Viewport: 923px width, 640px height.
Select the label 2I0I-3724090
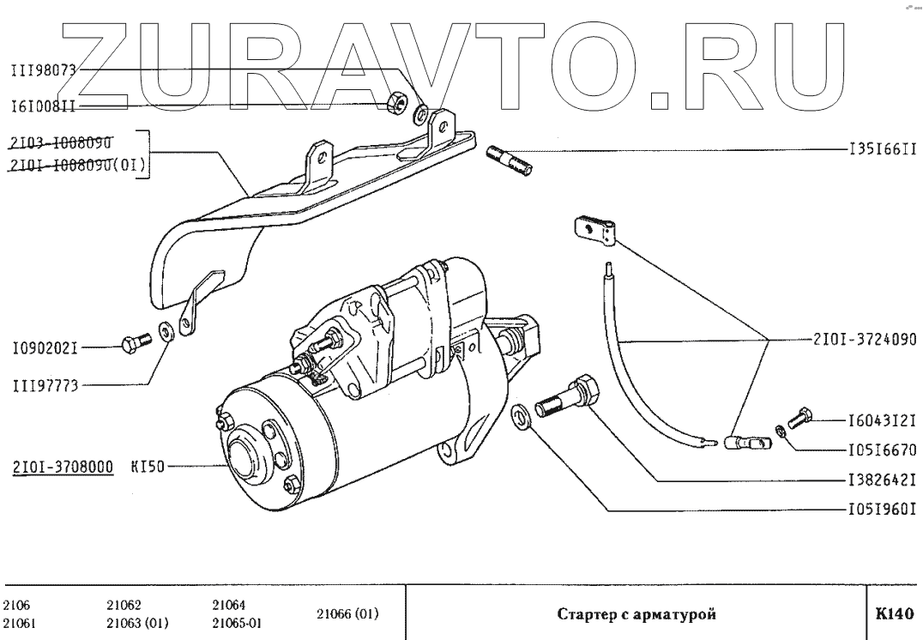(863, 338)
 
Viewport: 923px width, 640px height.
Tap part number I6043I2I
(883, 420)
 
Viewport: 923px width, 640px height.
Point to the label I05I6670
(883, 450)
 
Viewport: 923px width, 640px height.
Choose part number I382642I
(883, 480)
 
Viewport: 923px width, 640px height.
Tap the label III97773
(45, 386)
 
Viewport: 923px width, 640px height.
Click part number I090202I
(45, 349)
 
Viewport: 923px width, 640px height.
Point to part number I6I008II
(44, 107)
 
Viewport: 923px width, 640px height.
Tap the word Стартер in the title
(586, 614)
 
